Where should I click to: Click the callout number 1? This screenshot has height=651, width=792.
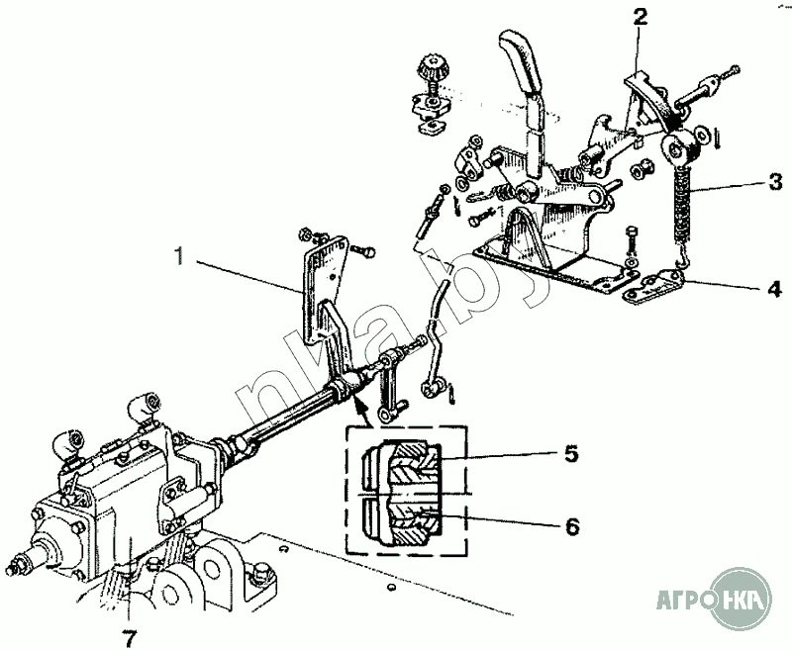[179, 256]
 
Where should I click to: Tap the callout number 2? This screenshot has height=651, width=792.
[640, 18]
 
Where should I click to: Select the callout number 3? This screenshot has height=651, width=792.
[775, 182]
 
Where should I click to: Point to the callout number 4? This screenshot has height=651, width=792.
[774, 289]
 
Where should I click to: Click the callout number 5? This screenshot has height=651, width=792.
[571, 454]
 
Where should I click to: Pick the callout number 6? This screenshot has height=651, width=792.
[572, 527]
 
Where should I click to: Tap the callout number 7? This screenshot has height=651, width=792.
[130, 639]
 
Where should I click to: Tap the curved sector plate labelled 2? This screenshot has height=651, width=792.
[651, 97]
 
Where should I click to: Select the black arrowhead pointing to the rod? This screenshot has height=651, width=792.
[358, 404]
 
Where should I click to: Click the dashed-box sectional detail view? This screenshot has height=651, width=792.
[406, 491]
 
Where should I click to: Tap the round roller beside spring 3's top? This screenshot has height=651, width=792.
[678, 147]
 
